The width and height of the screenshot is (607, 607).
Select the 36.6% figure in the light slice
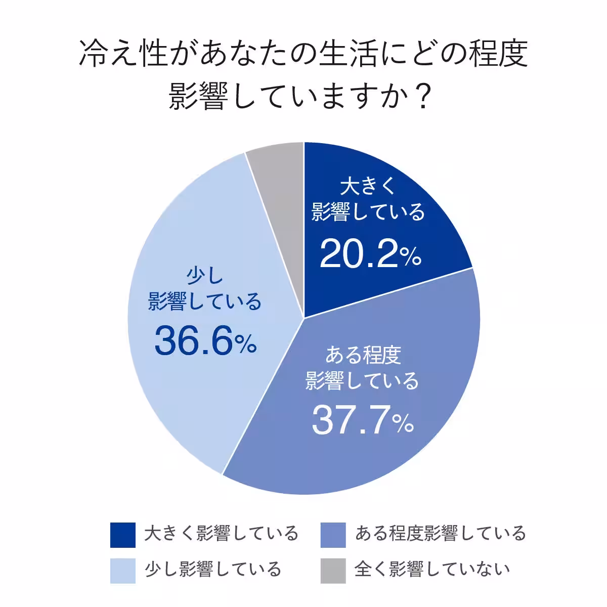pos(205,339)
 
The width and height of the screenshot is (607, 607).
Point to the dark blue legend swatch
pos(123,535)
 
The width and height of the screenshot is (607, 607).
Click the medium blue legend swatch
pos(333,535)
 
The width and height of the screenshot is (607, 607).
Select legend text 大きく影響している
pos(221,534)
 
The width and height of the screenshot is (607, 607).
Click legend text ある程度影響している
pos(440,534)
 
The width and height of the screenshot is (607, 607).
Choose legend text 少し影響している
pos(212,570)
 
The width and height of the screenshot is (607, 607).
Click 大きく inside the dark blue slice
pos(367,187)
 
